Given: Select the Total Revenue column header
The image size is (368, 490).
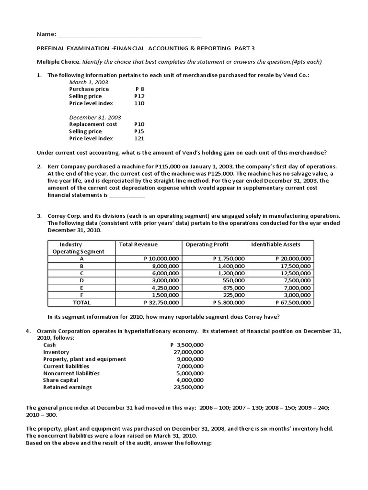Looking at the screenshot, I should pos(138,245).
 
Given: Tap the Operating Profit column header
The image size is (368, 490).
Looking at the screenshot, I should pos(206,245).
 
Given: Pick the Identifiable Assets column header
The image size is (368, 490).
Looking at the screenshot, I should pos(276,245).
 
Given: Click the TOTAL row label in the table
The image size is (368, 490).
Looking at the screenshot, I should pos(81,302).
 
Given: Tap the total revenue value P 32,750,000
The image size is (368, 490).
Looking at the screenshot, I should pos(161,302).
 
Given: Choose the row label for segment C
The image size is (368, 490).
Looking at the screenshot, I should pos(81,273).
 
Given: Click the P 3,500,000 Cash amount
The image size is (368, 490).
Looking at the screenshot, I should pos(187,345).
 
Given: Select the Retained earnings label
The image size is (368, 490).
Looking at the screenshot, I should pos(68,388).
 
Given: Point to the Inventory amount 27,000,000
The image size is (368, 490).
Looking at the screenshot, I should pos(188,352).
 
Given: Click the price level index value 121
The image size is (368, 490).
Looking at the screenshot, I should pos(139,139).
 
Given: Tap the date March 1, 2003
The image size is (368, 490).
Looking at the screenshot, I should pos(89,82).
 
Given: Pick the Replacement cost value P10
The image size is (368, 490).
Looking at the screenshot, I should pos(139,124).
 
